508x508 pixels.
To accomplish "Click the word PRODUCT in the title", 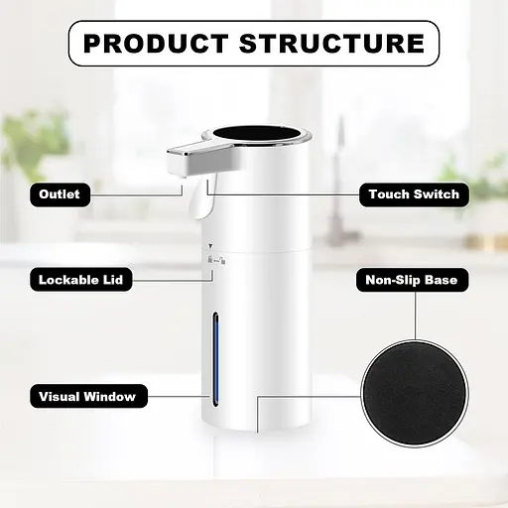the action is pos(156,44).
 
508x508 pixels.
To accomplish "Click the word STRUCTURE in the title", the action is pos(331,44).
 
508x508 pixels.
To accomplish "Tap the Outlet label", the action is pos(60,194).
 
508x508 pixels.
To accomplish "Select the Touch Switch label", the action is pos(414,194).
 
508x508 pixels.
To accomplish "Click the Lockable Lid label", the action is pos(81,280).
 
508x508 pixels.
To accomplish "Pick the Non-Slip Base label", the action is pos(412,280).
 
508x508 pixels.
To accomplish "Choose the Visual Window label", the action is pos(88,396).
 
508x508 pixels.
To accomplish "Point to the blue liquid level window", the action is pos(215,359).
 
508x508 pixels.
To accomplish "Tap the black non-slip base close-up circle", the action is pos(415,394).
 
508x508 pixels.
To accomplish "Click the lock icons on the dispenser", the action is pos(216,260).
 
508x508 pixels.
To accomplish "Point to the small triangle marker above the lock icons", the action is pos(210,246).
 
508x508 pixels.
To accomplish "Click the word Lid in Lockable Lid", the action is pos(113,280).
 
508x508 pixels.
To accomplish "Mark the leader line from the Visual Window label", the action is pos(179,396).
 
